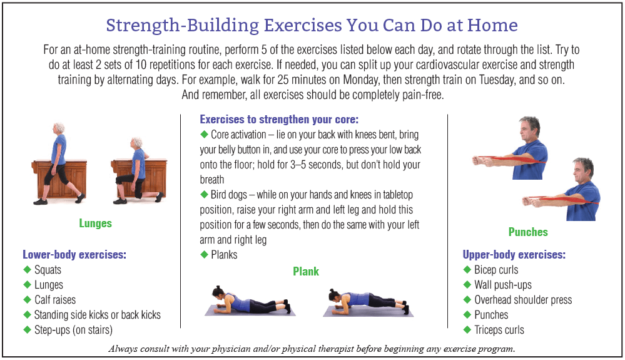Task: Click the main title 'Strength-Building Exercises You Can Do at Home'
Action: tap(312, 25)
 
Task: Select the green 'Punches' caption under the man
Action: tap(528, 232)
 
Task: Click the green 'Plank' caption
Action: tap(306, 271)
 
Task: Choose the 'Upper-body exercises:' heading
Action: tap(514, 255)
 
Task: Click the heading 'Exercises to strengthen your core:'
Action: tap(278, 119)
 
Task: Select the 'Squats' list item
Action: tap(48, 270)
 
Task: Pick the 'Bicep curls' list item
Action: tap(495, 270)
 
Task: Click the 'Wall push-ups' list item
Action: tap(502, 285)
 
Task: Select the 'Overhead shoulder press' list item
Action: tap(523, 300)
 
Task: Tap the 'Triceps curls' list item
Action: tap(499, 330)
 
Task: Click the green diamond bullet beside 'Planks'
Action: tap(203, 255)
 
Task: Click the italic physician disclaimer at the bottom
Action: tap(312, 349)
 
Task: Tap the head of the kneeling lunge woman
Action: tap(137, 143)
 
